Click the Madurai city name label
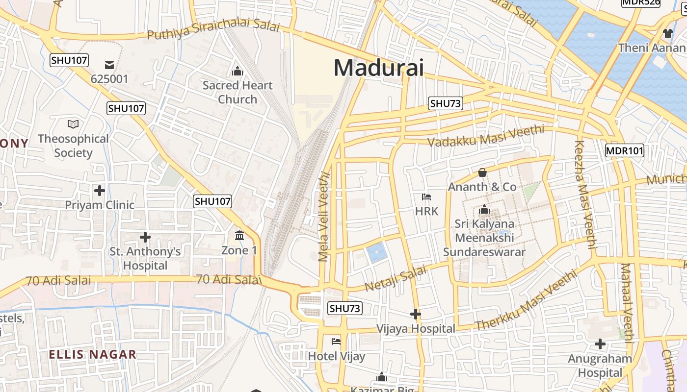pos(378,68)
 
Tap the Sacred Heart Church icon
pos(238,72)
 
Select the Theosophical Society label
pos(73,146)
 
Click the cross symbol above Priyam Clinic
pos(100,190)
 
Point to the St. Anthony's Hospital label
pos(145,259)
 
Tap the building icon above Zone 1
pos(239,236)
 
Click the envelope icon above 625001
pos(109,65)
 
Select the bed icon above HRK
pos(426,197)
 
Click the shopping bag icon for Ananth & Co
pos(482,172)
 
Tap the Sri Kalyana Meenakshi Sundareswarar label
pos(484,238)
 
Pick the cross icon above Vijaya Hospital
pos(416,314)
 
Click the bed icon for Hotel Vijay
pos(336,341)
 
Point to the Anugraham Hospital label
pos(600,366)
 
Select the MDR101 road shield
pos(624,150)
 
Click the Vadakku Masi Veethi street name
pos(486,136)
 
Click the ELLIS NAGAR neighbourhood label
pos(92,354)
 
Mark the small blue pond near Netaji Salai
pos(376,252)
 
